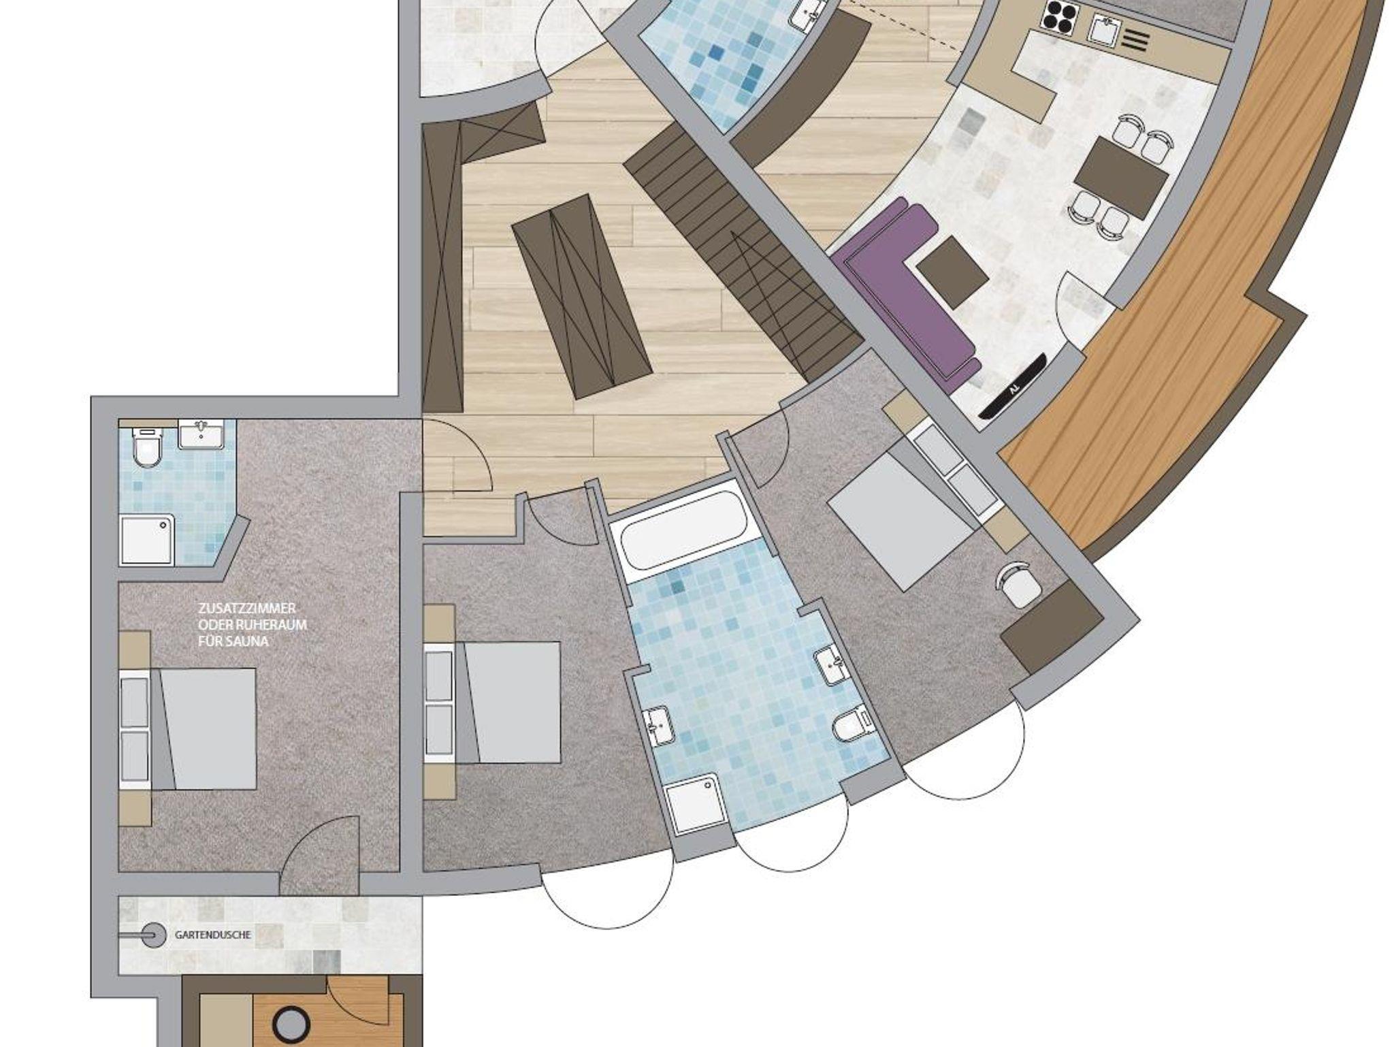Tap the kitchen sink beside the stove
1105,28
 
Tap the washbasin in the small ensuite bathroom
201,434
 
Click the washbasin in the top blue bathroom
807,15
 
